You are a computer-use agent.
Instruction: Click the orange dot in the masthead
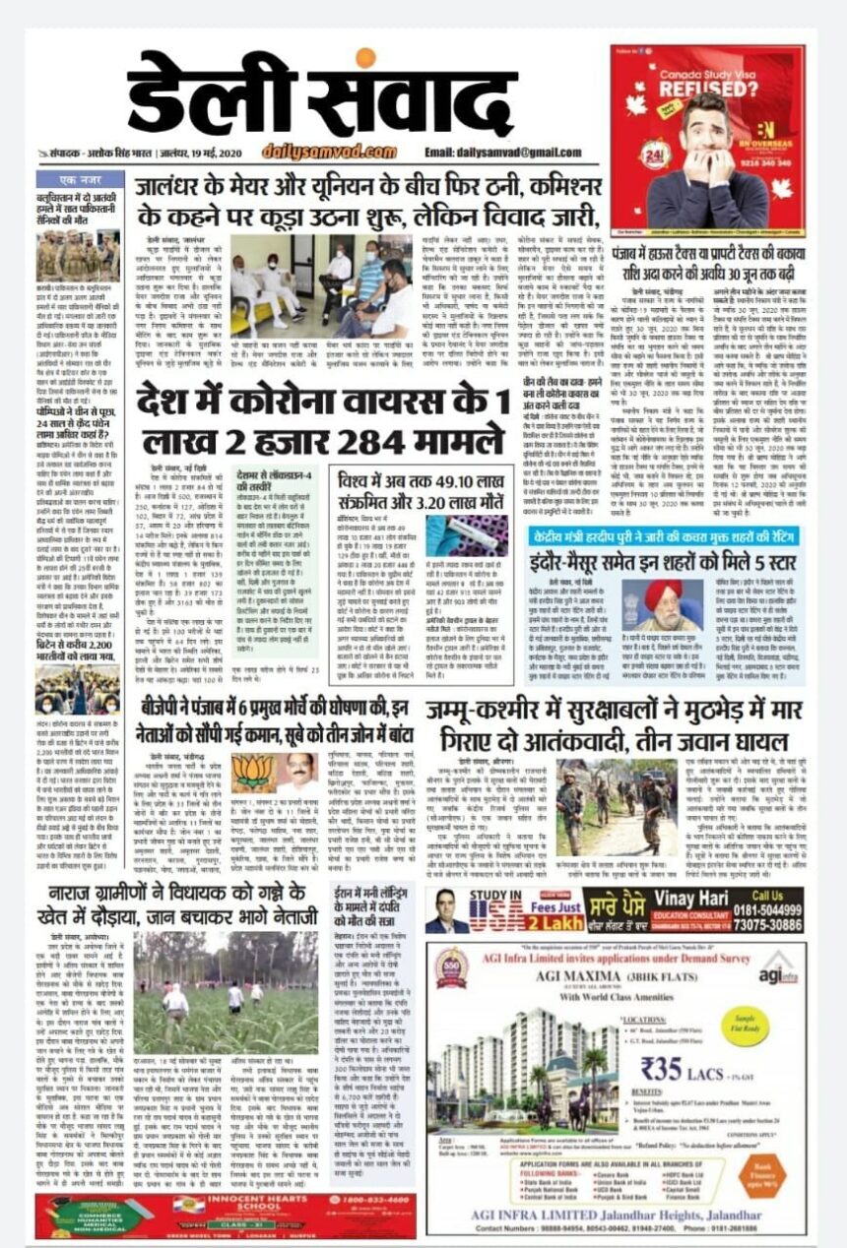pyautogui.click(x=365, y=56)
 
